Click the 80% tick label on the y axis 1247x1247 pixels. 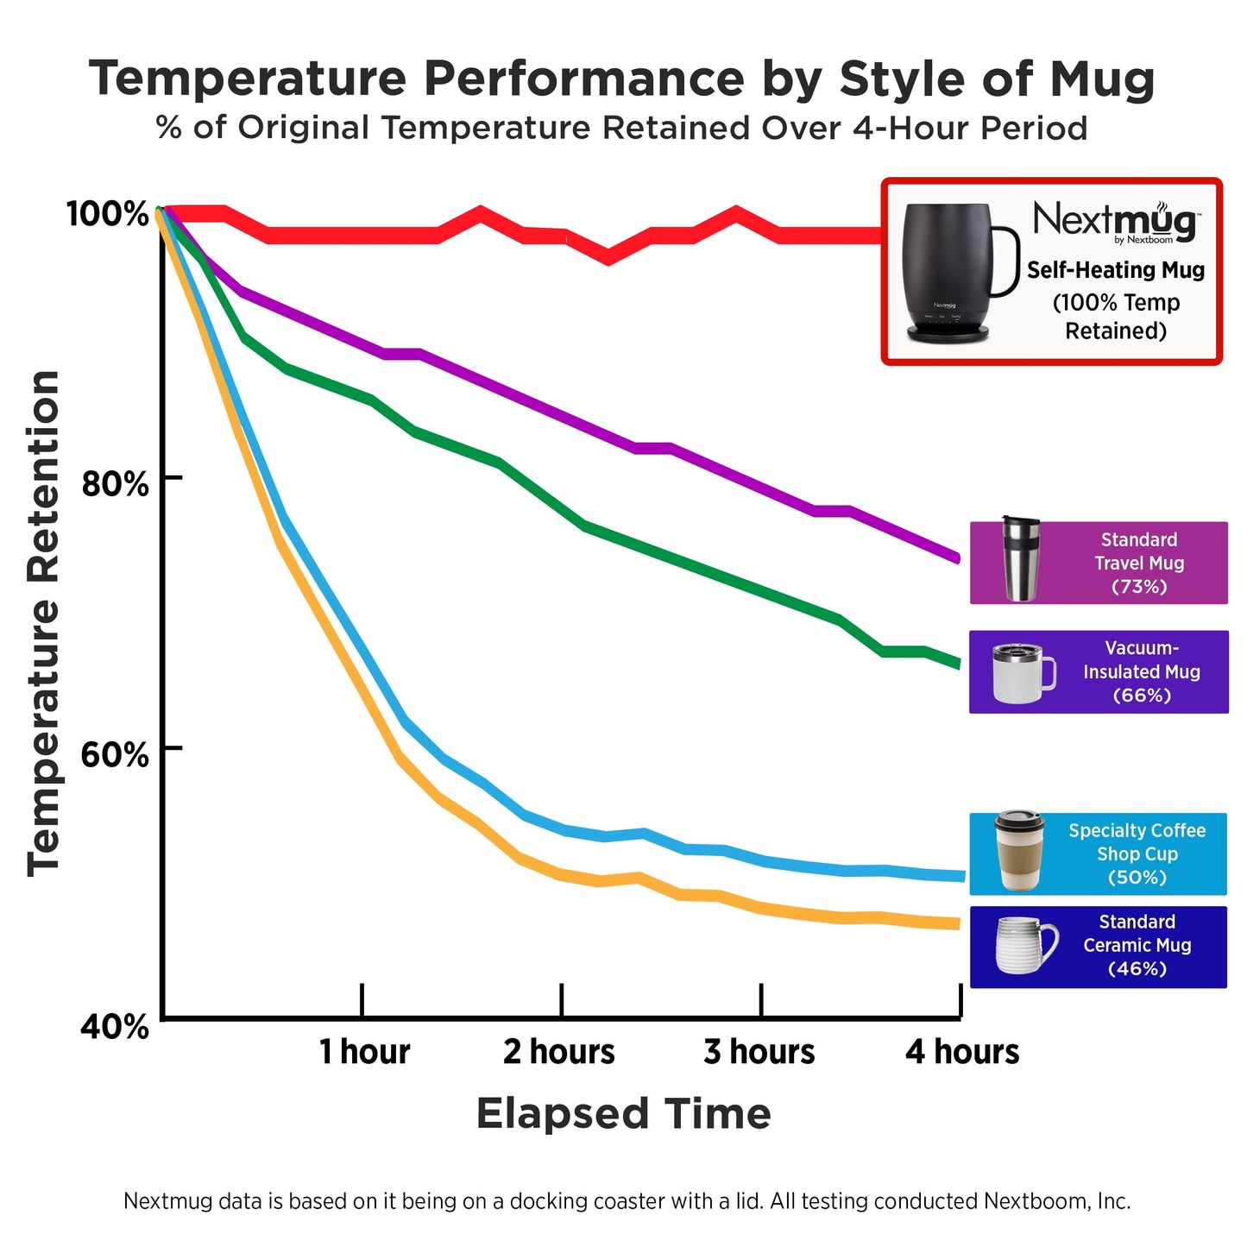click(x=115, y=483)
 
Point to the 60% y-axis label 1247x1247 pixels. click(x=115, y=754)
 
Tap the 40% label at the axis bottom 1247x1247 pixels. click(x=115, y=1027)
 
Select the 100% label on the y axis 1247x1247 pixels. click(x=108, y=213)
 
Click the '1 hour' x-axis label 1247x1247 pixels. click(x=364, y=1052)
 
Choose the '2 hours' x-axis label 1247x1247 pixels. click(x=559, y=1052)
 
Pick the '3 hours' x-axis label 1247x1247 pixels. click(x=759, y=1052)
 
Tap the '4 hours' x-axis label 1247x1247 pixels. click(x=962, y=1052)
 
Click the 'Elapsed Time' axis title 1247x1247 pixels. click(x=623, y=1113)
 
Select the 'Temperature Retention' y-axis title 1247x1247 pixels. click(x=43, y=623)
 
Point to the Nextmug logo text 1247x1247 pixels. click(x=1115, y=222)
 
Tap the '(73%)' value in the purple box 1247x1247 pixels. click(x=1139, y=587)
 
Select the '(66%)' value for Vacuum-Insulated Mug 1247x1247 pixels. click(x=1142, y=696)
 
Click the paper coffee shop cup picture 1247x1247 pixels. click(x=1019, y=851)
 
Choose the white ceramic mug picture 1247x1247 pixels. click(x=1025, y=945)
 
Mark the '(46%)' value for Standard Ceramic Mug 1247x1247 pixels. click(x=1137, y=969)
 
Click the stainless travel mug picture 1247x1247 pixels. click(x=1020, y=559)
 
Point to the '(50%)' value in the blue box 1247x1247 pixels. click(x=1137, y=878)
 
